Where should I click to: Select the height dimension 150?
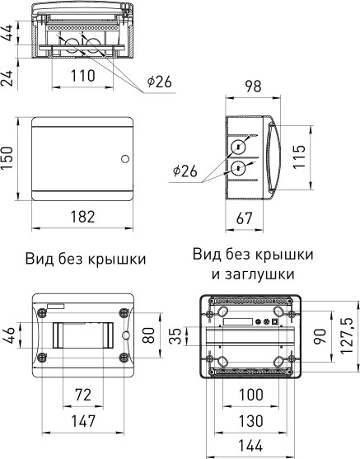point(9,158)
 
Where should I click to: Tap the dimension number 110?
point(80,75)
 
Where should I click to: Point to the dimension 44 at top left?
point(9,33)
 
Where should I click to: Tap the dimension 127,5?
point(348,331)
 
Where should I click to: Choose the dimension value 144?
point(251,446)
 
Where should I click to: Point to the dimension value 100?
point(251,396)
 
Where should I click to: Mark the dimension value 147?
point(80,421)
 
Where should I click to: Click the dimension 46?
point(9,336)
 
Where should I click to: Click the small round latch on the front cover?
point(124,158)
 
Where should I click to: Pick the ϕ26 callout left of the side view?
point(186,171)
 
